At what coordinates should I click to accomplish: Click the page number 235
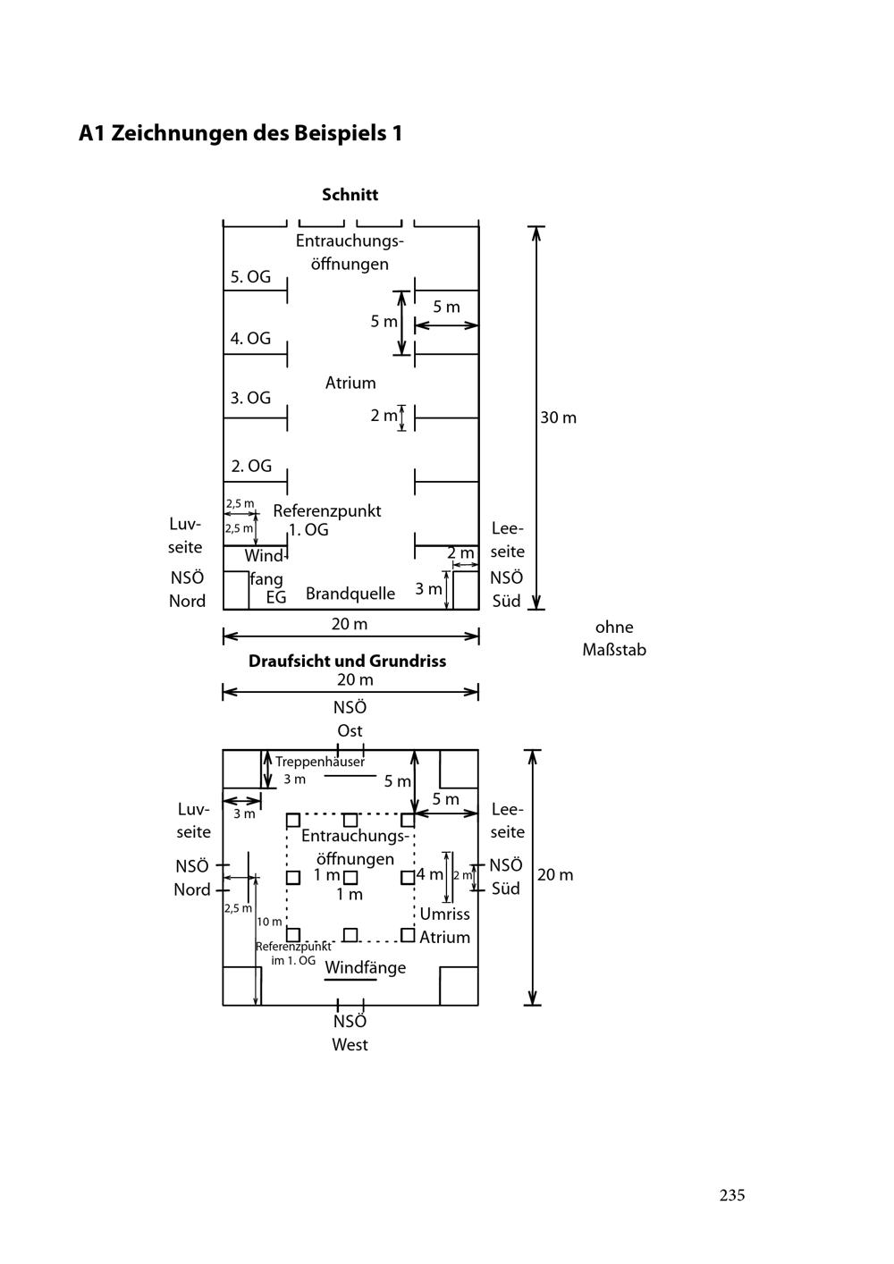tap(731, 1195)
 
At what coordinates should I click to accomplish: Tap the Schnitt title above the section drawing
tap(350, 194)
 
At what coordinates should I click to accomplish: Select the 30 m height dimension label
tap(558, 417)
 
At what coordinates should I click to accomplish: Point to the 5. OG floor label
tap(250, 277)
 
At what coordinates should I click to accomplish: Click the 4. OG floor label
tap(250, 339)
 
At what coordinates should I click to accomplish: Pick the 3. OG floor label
tap(250, 398)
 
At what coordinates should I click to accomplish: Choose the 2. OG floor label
tap(250, 466)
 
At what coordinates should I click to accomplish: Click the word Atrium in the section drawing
tap(350, 383)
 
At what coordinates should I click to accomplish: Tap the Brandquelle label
tap(350, 594)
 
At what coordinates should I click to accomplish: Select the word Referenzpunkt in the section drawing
tap(327, 511)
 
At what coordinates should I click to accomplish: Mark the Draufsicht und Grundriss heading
tap(347, 661)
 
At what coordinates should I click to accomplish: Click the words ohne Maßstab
tap(614, 638)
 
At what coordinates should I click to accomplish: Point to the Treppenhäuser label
tap(320, 763)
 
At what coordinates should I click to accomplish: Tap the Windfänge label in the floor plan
tap(365, 967)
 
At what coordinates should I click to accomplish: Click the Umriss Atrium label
tap(444, 925)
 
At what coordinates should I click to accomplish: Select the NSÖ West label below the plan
tap(350, 1032)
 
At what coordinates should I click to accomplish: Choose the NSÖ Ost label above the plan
tap(350, 719)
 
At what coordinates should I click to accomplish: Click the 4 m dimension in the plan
tap(429, 874)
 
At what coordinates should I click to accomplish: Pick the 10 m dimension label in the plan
tap(269, 922)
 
